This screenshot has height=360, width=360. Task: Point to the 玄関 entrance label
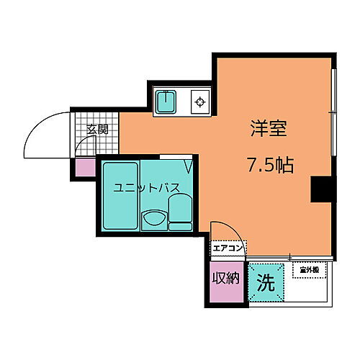[x=97, y=130]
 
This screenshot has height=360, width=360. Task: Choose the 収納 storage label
[x=225, y=277]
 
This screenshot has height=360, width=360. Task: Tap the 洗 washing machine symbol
[x=266, y=283]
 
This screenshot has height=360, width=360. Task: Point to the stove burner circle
[x=199, y=102]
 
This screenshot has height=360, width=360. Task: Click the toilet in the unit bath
[x=180, y=212]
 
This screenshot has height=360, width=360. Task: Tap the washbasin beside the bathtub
[x=153, y=218]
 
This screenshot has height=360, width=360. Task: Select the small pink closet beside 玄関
[x=85, y=167]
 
